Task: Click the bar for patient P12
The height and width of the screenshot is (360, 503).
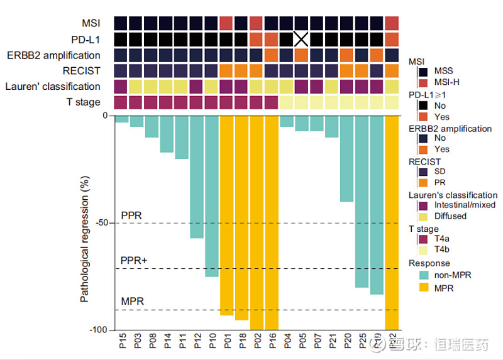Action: (197, 177)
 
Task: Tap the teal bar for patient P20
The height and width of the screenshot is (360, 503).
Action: (346, 159)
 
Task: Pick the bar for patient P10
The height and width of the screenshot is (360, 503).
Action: (212, 196)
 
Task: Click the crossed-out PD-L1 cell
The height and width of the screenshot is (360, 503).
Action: (302, 39)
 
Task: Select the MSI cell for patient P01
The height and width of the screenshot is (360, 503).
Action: (227, 23)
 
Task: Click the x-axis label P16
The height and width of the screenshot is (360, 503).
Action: (272, 342)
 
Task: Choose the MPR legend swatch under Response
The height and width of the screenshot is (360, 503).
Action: (423, 288)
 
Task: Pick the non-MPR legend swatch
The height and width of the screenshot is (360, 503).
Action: (423, 275)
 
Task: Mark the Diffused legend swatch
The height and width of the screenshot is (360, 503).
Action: (423, 216)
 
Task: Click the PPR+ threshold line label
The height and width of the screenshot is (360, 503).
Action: (133, 260)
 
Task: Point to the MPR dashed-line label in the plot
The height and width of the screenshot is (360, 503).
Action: (133, 302)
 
